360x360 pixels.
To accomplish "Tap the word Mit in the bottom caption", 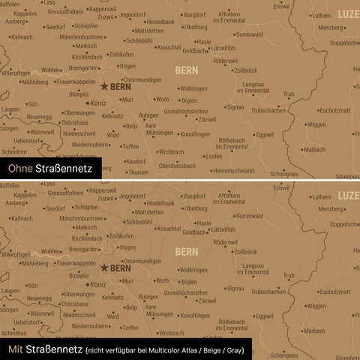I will click(15, 349).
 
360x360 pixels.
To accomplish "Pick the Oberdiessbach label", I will click(177, 166).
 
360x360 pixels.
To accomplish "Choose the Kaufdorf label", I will click(136, 160).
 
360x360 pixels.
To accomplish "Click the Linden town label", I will click(213, 156).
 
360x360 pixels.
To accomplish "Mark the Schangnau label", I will click(284, 173).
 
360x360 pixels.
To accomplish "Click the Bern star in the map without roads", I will click(103, 86).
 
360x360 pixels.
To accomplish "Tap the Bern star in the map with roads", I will click(103, 266).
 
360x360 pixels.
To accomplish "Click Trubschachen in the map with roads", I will click(268, 290).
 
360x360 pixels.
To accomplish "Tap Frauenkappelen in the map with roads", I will click(75, 262).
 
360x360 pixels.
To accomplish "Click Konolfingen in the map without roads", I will click(195, 134).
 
